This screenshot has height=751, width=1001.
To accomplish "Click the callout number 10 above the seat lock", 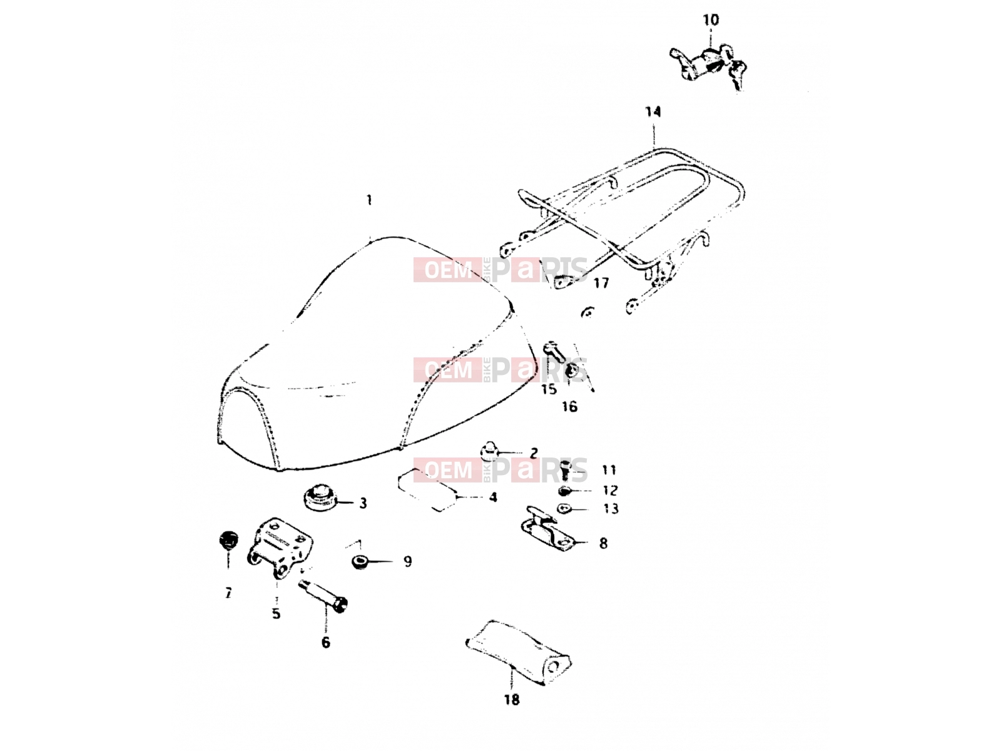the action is click(x=711, y=20).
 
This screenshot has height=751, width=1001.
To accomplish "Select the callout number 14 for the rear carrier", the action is click(x=653, y=111).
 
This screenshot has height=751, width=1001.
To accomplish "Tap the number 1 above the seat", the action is click(x=369, y=200).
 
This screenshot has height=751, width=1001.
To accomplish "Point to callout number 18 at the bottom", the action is click(x=512, y=699).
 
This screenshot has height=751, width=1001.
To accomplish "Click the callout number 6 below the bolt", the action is click(x=325, y=642).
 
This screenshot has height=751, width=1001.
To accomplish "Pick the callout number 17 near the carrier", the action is click(x=601, y=283).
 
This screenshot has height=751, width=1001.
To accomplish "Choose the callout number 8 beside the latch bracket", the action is click(x=603, y=543).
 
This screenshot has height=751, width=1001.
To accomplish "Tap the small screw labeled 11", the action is click(x=565, y=470).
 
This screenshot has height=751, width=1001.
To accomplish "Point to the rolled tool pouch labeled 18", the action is click(x=518, y=653).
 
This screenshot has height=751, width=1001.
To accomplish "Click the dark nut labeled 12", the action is click(x=564, y=491).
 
